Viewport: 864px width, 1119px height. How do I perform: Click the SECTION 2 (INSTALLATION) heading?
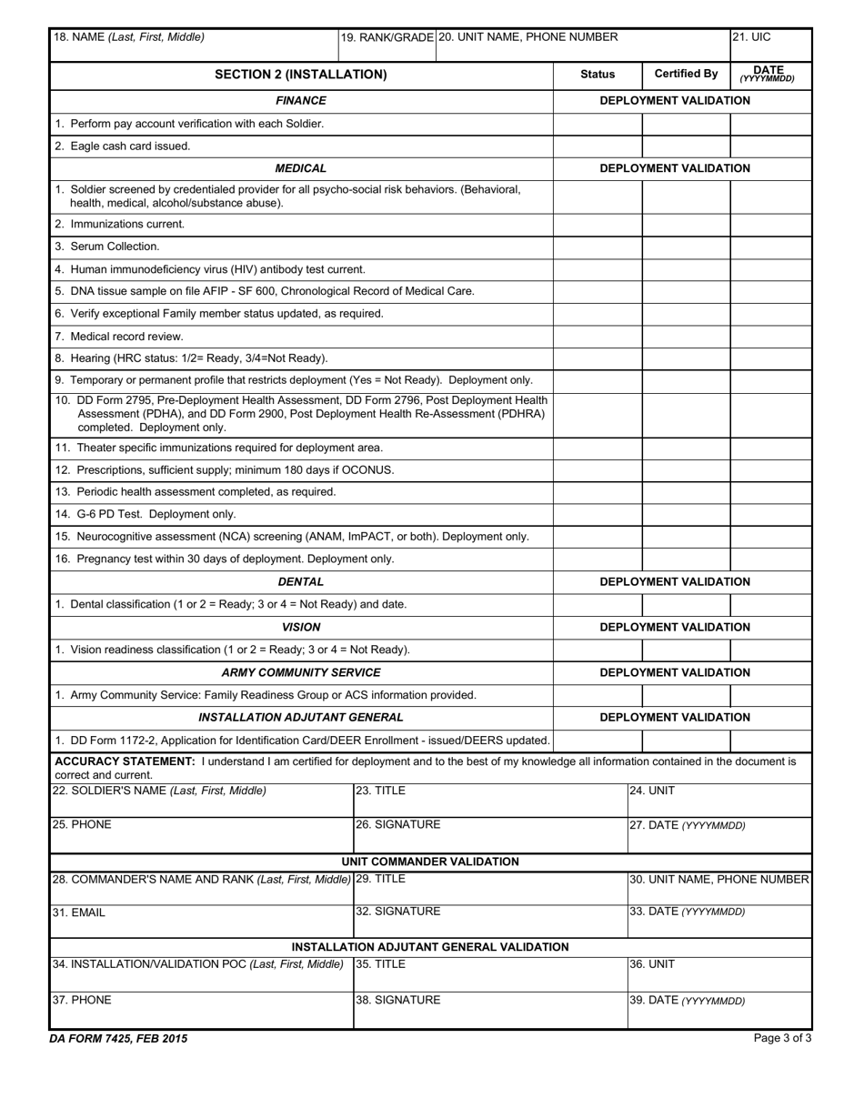[x=300, y=75]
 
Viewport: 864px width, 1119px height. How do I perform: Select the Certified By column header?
[x=686, y=75]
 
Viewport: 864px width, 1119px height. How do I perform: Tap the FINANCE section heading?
[x=301, y=101]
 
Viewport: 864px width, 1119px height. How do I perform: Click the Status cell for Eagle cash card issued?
[x=598, y=146]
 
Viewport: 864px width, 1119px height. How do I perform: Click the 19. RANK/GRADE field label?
[x=387, y=38]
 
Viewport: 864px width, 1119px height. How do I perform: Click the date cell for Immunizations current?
[x=770, y=225]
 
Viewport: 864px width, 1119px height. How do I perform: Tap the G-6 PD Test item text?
[x=146, y=514]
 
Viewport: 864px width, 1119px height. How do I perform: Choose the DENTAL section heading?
[x=301, y=582]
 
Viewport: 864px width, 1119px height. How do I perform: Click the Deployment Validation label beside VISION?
[x=675, y=628]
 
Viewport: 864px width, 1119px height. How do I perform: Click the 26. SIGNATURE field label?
[x=397, y=825]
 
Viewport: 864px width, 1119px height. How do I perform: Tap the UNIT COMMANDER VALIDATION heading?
[x=430, y=862]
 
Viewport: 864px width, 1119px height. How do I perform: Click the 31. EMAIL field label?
[x=79, y=912]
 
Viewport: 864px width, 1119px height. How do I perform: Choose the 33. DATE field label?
[x=687, y=912]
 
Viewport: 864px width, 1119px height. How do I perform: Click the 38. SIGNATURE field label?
[x=397, y=1000]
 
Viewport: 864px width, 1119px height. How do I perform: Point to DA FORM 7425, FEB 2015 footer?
[x=119, y=1038]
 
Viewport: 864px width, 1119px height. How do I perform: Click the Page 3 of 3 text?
[x=782, y=1038]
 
